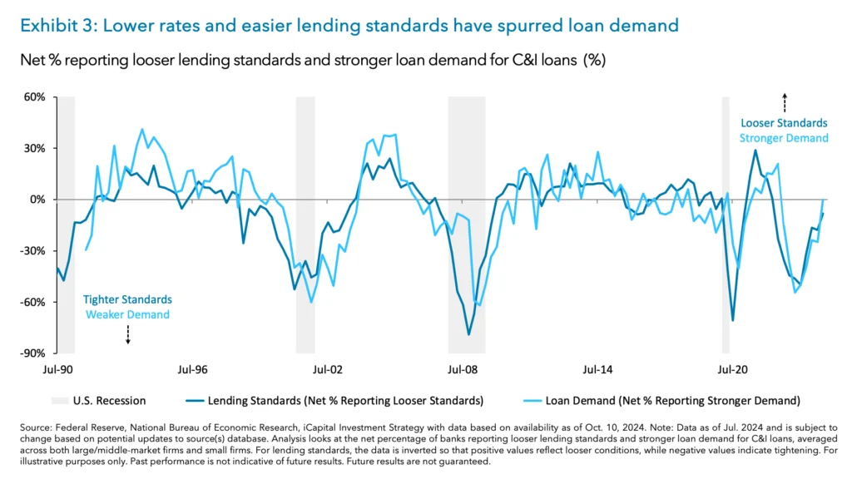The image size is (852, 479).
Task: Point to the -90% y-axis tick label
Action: point(32,353)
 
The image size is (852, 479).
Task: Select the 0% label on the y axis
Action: point(37,200)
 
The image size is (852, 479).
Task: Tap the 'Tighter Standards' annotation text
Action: point(127,299)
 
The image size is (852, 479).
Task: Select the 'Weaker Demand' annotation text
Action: point(127,314)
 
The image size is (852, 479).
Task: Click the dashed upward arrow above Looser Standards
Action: point(784,103)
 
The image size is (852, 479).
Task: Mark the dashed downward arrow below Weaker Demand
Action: point(127,334)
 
